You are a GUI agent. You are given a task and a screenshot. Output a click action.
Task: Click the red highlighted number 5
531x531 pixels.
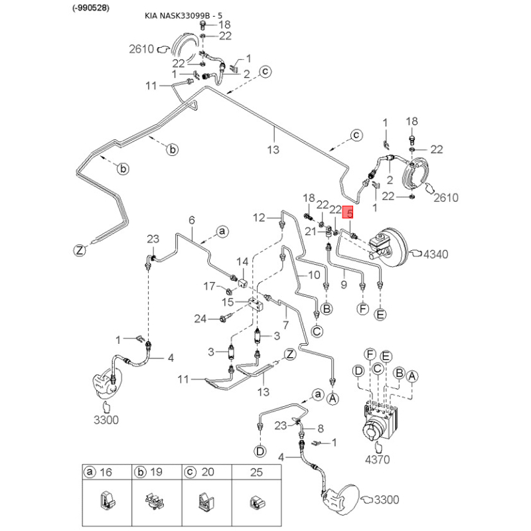(x=349, y=213)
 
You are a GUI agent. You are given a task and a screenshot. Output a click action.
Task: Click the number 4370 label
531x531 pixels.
(x=377, y=459)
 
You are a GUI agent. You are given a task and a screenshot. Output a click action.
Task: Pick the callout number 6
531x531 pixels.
(x=192, y=220)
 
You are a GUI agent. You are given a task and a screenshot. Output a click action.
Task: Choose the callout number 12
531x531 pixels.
(x=259, y=217)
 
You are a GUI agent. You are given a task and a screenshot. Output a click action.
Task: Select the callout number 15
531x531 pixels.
(x=228, y=302)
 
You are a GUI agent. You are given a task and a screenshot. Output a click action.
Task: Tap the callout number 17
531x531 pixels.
(x=209, y=286)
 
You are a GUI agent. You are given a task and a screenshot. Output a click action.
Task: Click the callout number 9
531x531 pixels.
(x=344, y=284)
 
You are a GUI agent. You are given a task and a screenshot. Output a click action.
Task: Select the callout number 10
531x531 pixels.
(x=314, y=275)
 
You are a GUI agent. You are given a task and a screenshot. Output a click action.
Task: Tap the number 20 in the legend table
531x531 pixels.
(x=206, y=472)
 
